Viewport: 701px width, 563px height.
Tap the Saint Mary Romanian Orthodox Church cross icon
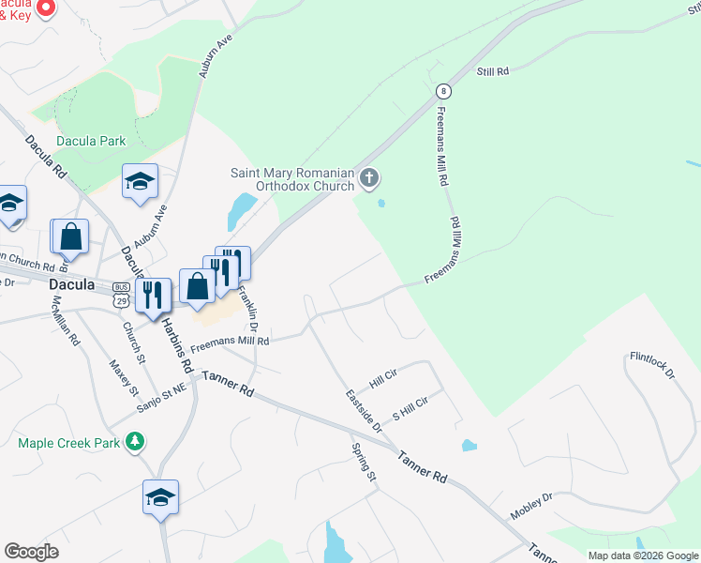369,177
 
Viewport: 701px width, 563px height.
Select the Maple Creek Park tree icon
136,440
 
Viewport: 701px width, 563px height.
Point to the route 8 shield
443,91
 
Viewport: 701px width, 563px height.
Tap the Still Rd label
492,71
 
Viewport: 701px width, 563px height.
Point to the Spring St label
365,464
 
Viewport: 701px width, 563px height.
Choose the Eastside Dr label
364,410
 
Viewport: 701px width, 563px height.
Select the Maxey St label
123,377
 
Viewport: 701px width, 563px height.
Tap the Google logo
31,552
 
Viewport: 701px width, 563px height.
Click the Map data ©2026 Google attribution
644,555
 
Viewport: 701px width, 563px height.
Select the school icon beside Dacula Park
140,182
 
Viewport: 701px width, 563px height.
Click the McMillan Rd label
68,319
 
